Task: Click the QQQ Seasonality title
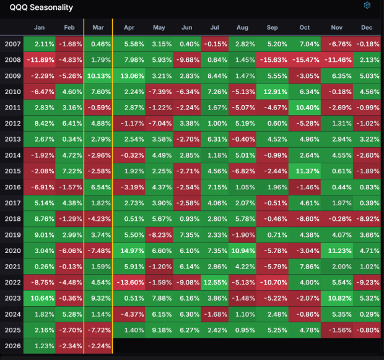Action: tap(41, 7)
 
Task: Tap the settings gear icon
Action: tap(367, 6)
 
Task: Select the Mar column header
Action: tap(98, 28)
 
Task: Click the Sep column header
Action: tap(273, 28)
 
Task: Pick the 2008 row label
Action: tap(12, 59)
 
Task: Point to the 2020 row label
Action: tap(12, 250)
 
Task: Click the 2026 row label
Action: tap(12, 345)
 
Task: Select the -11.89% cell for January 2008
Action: tap(39, 59)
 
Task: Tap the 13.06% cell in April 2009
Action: tap(128, 75)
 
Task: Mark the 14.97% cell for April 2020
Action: tap(128, 250)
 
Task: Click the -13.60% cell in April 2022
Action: tap(128, 281)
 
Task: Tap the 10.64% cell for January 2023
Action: tap(39, 298)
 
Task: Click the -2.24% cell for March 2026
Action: tap(98, 345)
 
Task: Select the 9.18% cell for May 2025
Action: tap(159, 329)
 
